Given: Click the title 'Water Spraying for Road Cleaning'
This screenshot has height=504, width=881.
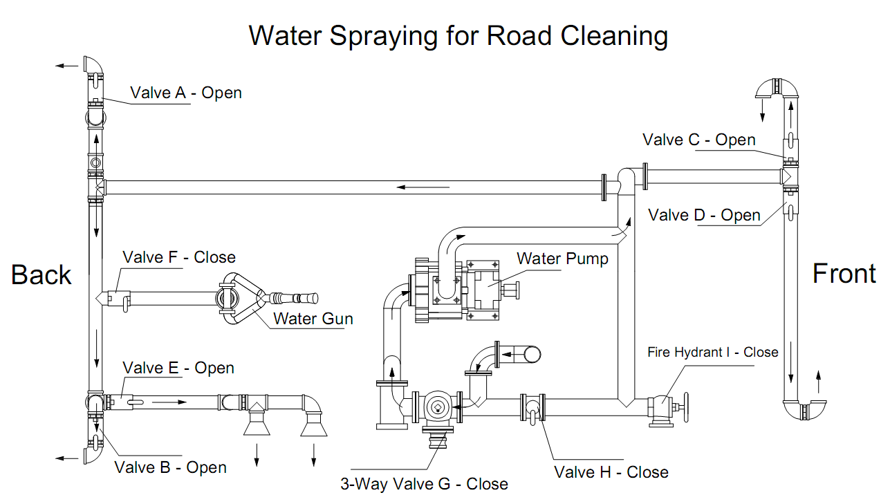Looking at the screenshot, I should pyautogui.click(x=458, y=35).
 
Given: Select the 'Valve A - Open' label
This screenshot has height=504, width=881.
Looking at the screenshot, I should pyautogui.click(x=186, y=93).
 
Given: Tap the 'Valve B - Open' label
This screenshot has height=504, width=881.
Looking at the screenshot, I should pyautogui.click(x=170, y=467).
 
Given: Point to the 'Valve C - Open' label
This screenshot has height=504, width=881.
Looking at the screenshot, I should pyautogui.click(x=698, y=140).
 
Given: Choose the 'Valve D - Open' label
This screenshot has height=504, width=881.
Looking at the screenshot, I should pyautogui.click(x=704, y=215).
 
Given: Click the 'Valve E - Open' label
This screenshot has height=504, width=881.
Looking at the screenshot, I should pyautogui.click(x=178, y=368).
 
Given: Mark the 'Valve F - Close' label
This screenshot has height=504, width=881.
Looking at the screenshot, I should pyautogui.click(x=179, y=257).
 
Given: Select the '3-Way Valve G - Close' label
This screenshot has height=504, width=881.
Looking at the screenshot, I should pyautogui.click(x=424, y=484).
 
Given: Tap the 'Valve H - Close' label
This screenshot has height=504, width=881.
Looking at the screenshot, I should pyautogui.click(x=611, y=472).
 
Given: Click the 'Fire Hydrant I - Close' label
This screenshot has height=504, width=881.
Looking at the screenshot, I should pyautogui.click(x=712, y=352).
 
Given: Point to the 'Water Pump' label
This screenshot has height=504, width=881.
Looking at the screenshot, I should pyautogui.click(x=562, y=259).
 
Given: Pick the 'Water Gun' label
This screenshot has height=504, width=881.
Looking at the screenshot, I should pyautogui.click(x=313, y=319).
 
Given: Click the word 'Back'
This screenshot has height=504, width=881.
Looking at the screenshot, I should pyautogui.click(x=41, y=274).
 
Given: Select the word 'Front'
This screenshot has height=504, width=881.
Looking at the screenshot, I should pyautogui.click(x=844, y=274).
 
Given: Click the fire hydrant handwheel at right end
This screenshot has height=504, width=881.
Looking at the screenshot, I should pyautogui.click(x=686, y=407).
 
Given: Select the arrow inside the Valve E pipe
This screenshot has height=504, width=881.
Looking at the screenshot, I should pyautogui.click(x=168, y=402).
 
